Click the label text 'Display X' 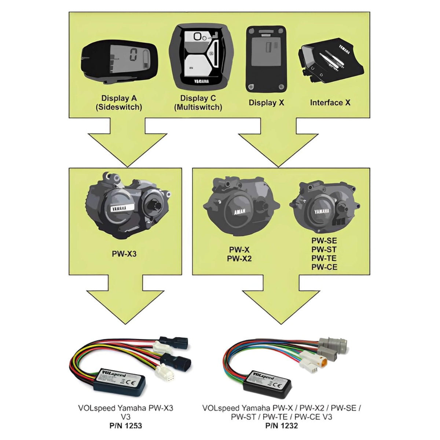point(266,103)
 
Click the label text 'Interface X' point(330,103)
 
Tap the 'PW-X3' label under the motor point(124,254)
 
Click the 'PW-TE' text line point(324,258)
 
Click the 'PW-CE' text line point(324,267)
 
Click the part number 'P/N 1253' point(125,426)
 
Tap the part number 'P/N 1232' point(282,426)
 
